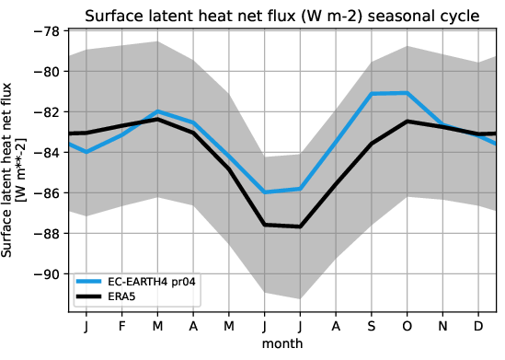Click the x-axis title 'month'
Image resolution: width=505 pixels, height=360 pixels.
click(282, 343)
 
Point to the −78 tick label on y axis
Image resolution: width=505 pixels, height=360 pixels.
click(45, 31)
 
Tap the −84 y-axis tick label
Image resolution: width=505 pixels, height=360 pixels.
click(45, 153)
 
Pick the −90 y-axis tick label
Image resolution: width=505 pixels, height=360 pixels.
click(45, 274)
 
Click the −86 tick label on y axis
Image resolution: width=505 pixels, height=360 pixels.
click(45, 193)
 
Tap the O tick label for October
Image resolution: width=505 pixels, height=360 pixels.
click(406, 327)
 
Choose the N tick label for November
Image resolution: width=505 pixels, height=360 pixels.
click(442, 327)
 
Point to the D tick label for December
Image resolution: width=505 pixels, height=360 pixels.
click(477, 327)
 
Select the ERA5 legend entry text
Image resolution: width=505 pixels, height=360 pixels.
click(130, 296)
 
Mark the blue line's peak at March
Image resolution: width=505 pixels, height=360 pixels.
click(158, 111)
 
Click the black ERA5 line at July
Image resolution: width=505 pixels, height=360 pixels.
click(300, 226)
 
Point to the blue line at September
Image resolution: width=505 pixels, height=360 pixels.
click(372, 94)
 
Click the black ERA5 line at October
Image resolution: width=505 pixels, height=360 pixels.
click(407, 122)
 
